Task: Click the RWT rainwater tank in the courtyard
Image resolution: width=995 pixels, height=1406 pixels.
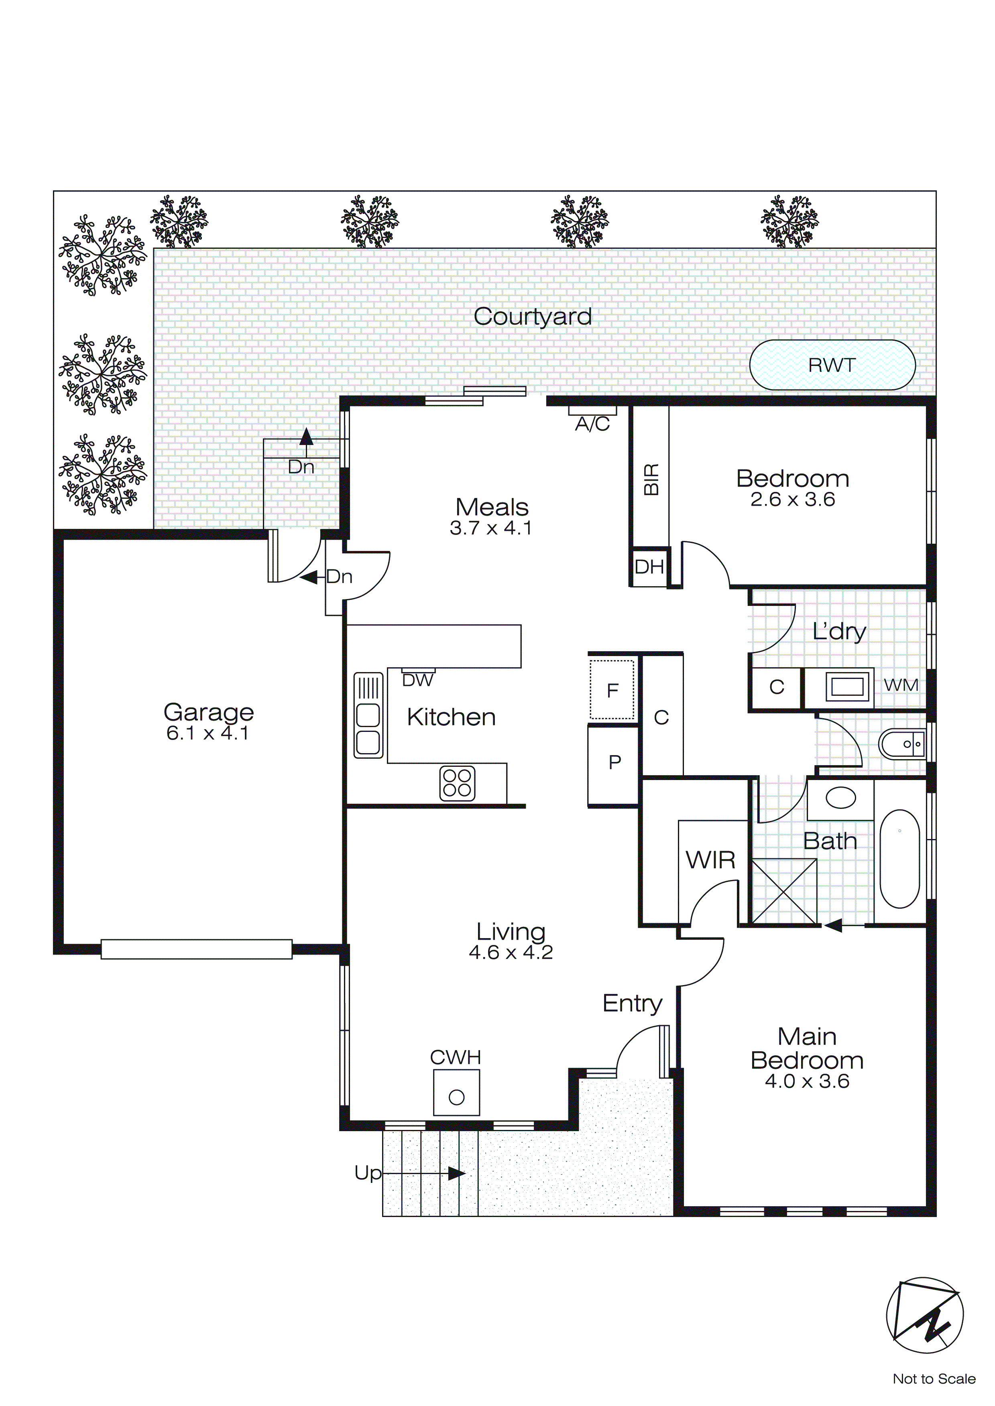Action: [x=832, y=365]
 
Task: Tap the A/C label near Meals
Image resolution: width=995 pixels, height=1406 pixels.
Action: [x=592, y=424]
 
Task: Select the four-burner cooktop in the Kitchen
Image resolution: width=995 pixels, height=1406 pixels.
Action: [x=457, y=783]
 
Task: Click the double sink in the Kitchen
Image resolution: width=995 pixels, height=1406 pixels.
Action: [x=368, y=716]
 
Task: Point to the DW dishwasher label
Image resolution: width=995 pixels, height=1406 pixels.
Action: [x=417, y=680]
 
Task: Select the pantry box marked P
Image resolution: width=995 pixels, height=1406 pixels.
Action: [x=614, y=762]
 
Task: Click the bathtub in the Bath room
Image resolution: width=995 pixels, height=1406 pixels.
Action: [x=899, y=859]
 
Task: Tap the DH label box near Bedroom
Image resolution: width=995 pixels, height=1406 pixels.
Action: [x=649, y=567]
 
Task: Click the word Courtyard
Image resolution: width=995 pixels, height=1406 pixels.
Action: [x=533, y=317]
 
